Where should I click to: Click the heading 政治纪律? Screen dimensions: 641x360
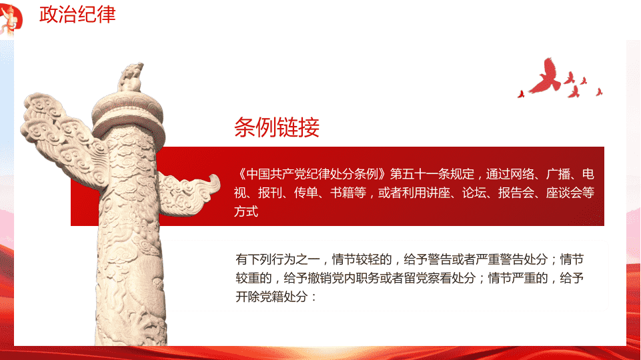coord(77,14)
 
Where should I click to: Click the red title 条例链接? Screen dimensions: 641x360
coord(277,127)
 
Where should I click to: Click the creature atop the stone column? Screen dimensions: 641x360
coord(131,77)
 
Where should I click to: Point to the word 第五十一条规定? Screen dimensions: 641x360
coord(432,174)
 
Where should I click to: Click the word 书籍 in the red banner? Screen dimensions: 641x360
coord(348,193)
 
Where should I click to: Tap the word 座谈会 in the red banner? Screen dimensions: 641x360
coord(564,193)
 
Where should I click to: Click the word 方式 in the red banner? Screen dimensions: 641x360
coord(246,211)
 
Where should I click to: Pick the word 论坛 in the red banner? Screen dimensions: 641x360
coord(474,193)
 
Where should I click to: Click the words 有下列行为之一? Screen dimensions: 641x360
coord(277,259)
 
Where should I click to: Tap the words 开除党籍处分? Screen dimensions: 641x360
coord(271,297)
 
